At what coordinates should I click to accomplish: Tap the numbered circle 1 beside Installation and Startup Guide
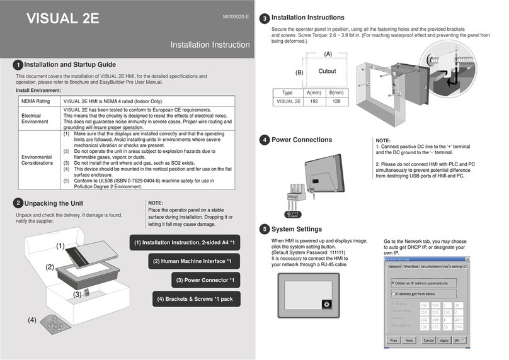coord(19,65)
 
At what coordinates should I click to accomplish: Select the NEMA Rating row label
coord(36,101)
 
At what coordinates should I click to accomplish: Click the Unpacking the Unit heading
coord(54,203)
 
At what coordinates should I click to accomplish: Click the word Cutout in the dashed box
coord(327,71)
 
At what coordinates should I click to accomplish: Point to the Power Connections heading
coord(301,140)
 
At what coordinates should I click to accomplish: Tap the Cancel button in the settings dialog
coord(428,340)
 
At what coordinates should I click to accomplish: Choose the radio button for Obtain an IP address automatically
coord(394,283)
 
